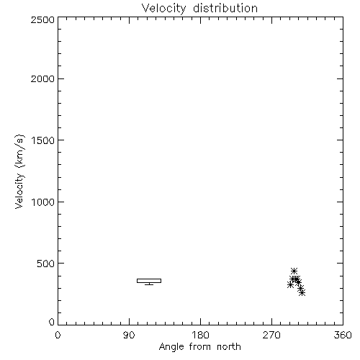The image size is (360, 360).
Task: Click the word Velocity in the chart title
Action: click(164, 9)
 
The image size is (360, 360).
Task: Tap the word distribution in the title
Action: click(225, 8)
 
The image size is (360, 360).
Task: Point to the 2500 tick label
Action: click(42, 19)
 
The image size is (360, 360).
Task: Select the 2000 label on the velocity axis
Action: click(42, 78)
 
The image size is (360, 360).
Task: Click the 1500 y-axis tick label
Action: click(43, 140)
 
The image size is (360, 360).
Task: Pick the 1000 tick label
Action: click(43, 202)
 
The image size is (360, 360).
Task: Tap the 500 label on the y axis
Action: click(46, 264)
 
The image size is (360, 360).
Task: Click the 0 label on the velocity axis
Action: click(52, 322)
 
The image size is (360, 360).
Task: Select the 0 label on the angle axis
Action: click(58, 335)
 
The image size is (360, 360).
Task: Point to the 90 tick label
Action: click(129, 335)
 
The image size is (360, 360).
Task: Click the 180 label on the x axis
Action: click(200, 335)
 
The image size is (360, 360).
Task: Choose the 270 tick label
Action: click(271, 335)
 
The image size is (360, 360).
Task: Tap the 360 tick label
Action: click(343, 335)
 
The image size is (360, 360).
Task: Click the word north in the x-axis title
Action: click(229, 347)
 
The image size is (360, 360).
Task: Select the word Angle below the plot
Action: click(171, 347)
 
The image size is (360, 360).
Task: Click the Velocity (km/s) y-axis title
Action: click(19, 171)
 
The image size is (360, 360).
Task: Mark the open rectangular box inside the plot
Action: click(149, 279)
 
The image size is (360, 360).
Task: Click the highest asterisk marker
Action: click(294, 271)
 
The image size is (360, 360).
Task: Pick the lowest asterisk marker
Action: click(302, 292)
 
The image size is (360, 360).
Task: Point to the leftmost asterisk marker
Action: click(290, 285)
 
